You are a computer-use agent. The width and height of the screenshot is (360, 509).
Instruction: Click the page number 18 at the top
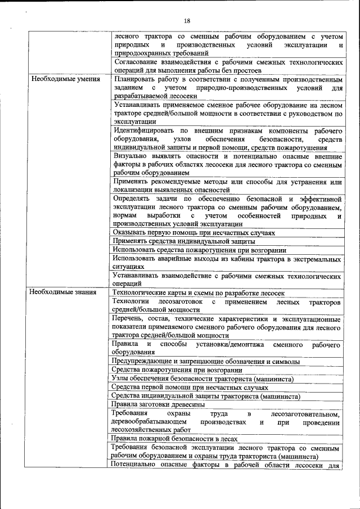click(x=187, y=21)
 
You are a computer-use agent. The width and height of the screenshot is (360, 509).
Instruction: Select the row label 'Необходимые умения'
click(x=66, y=79)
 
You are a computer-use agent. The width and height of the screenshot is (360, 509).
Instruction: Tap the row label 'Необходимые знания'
click(x=64, y=292)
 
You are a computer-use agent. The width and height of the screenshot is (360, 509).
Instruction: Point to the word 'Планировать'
click(x=134, y=79)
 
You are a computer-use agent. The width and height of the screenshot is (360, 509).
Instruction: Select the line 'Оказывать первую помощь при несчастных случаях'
click(x=193, y=232)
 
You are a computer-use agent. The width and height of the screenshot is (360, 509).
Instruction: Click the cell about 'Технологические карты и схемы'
click(x=198, y=293)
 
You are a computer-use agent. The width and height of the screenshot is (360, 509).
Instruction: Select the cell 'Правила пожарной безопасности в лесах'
click(x=174, y=439)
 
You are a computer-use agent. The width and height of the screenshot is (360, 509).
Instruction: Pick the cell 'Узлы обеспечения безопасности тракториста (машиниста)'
click(x=202, y=379)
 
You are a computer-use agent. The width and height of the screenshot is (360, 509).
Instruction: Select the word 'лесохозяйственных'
click(x=143, y=430)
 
